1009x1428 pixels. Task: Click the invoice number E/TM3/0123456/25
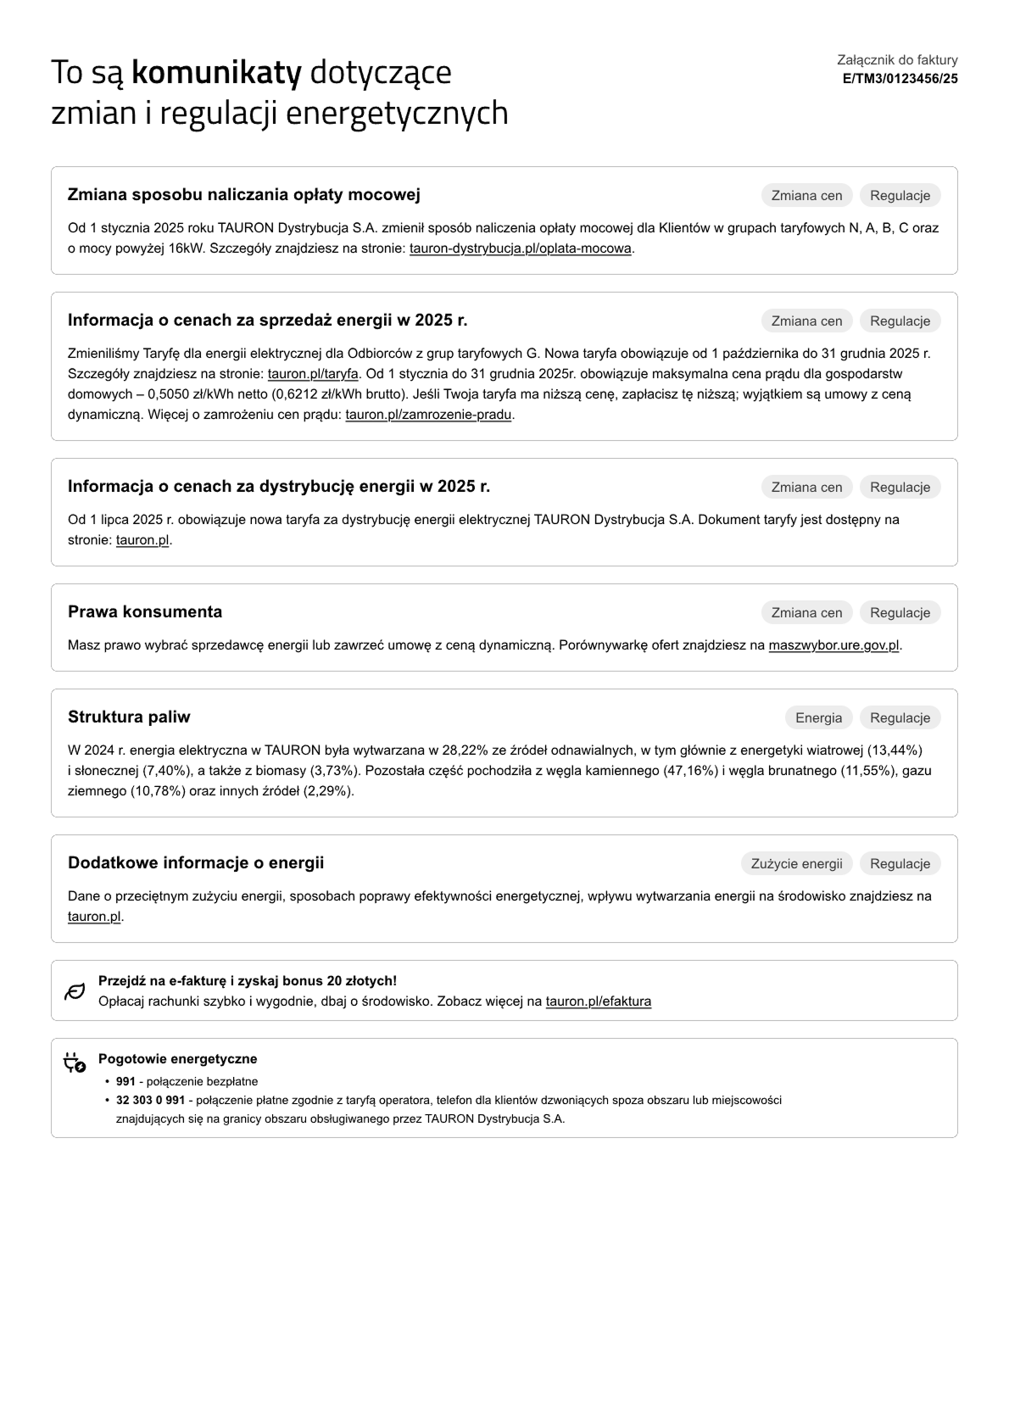coord(900,79)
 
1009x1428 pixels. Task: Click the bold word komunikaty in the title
coord(216,73)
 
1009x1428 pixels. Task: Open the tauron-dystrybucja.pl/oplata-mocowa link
coord(521,248)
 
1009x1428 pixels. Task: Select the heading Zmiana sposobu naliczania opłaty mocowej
coord(244,195)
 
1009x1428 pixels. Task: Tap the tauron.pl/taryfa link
coord(313,374)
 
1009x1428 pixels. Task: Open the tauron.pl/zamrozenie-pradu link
coord(428,415)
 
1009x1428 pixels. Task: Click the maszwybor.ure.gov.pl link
coord(833,645)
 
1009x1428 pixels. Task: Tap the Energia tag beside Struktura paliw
coord(818,718)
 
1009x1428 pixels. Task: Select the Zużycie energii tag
coord(796,864)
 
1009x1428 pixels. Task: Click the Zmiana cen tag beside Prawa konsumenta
coord(806,613)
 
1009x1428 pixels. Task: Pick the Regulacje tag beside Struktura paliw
coord(900,718)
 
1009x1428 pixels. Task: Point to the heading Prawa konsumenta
coord(145,612)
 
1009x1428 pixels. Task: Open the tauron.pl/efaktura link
coord(599,1001)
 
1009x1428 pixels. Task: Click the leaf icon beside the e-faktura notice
coord(75,991)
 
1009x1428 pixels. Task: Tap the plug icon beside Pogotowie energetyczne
coord(75,1063)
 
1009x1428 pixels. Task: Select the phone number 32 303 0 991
coord(150,1101)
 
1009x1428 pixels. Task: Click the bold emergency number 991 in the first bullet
coord(125,1082)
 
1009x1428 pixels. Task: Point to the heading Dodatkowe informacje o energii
coord(196,863)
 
